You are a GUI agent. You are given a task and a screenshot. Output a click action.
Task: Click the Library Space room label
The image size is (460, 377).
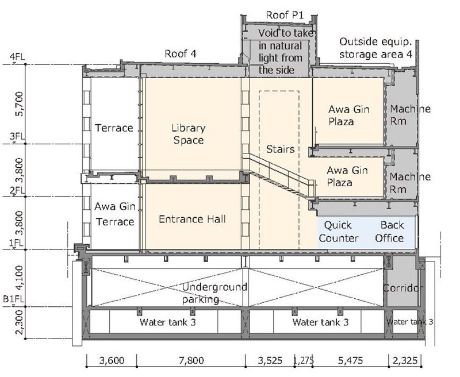click(x=189, y=134)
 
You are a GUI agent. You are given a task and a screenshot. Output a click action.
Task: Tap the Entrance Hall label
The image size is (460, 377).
click(x=192, y=220)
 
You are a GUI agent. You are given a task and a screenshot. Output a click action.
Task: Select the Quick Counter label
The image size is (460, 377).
click(x=339, y=232)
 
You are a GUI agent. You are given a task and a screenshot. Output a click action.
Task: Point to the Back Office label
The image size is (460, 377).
click(x=390, y=232)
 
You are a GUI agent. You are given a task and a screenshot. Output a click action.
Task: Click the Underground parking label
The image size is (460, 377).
click(x=214, y=293)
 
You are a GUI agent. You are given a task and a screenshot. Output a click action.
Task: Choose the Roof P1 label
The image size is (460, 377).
click(x=285, y=15)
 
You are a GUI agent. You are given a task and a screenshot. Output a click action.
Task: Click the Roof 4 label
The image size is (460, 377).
click(x=181, y=53)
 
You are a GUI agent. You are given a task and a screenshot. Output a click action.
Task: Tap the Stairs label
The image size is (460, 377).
click(x=280, y=149)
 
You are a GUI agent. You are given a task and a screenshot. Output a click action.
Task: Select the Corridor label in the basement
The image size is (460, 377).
click(x=403, y=288)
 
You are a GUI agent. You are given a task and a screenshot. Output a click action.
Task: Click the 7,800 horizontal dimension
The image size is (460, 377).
click(x=191, y=360)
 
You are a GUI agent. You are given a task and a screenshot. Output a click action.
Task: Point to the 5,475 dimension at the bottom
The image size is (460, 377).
click(x=350, y=360)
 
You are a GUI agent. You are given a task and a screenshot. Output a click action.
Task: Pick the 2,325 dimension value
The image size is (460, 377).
click(x=405, y=360)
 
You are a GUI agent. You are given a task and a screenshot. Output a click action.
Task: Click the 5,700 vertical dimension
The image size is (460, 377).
click(x=20, y=104)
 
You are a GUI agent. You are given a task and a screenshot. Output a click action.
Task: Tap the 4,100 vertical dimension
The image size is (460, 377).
click(x=20, y=278)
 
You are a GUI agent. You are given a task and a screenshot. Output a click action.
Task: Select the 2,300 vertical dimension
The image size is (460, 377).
click(x=20, y=322)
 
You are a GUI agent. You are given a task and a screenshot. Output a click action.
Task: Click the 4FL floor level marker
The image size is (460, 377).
click(x=17, y=56)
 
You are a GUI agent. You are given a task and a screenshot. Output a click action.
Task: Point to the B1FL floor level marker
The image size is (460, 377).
click(x=14, y=299)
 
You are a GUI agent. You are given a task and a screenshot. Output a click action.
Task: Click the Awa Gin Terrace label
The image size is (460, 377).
click(x=114, y=214)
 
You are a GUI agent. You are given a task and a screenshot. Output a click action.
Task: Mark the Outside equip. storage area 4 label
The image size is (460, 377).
click(x=376, y=48)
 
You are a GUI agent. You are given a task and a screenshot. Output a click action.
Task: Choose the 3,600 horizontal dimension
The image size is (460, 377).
click(x=112, y=360)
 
